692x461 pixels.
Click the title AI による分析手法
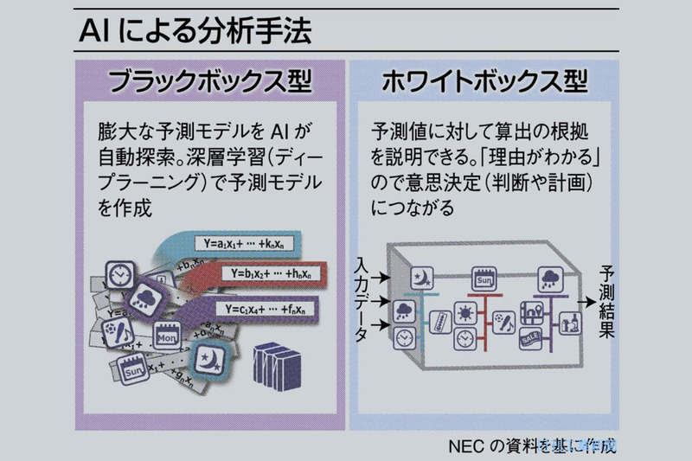tap(194, 33)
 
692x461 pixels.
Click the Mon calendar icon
tap(167, 333)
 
